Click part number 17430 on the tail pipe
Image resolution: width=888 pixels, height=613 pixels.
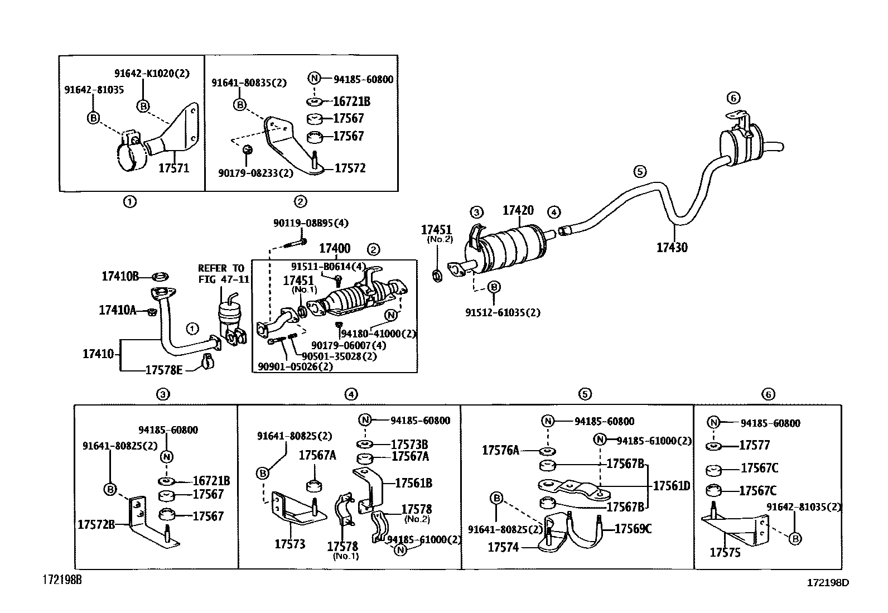click(x=672, y=247)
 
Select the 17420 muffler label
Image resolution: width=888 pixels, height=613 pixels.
click(x=518, y=210)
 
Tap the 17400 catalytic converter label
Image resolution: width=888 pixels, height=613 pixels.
click(x=335, y=249)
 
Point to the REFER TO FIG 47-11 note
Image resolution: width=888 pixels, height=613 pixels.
click(x=221, y=274)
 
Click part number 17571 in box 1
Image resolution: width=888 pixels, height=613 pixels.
click(x=173, y=167)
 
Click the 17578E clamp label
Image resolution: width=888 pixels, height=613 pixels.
click(x=163, y=370)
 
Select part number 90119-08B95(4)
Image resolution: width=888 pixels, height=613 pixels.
click(x=311, y=223)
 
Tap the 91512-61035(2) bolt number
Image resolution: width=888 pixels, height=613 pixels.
click(x=503, y=313)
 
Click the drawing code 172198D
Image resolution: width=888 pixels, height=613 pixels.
click(x=828, y=583)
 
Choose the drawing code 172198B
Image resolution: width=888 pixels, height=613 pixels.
click(x=62, y=580)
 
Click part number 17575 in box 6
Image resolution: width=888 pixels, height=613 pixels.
click(x=725, y=553)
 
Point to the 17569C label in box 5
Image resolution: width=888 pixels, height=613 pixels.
click(x=633, y=529)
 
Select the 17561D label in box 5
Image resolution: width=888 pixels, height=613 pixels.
click(x=671, y=486)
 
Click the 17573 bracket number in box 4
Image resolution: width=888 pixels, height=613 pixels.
click(x=289, y=544)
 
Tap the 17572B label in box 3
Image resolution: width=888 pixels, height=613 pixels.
click(x=96, y=524)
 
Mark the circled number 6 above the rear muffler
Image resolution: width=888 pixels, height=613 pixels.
click(x=733, y=98)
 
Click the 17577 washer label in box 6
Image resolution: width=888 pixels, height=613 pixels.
click(x=754, y=445)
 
